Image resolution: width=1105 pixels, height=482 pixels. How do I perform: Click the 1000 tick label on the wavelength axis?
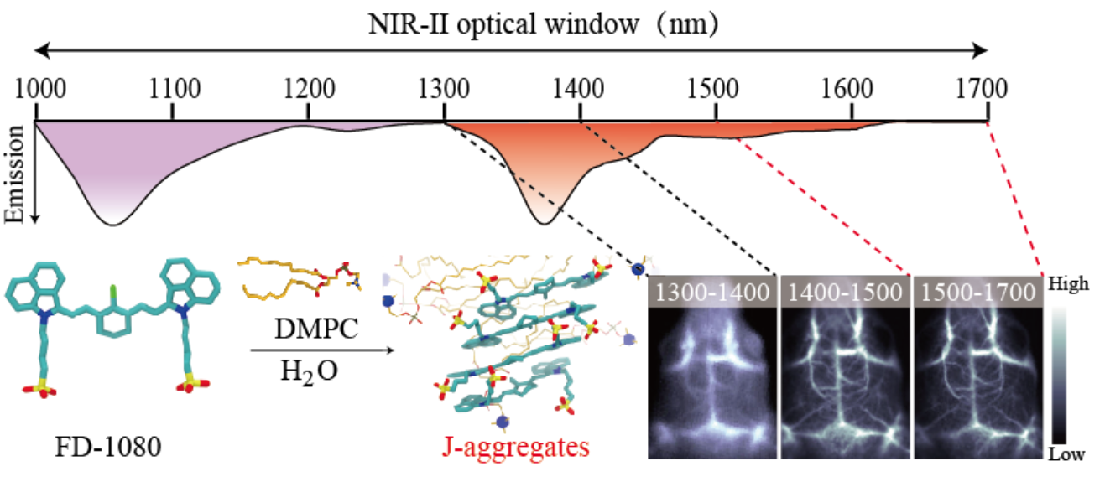coord(34,87)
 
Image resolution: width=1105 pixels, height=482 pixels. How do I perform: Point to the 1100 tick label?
coord(172,87)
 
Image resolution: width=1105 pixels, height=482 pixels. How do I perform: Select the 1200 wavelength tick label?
coord(308,87)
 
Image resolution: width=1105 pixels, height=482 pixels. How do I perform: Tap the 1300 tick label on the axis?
coord(444,87)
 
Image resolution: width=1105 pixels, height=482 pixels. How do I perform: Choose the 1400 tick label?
coord(579,87)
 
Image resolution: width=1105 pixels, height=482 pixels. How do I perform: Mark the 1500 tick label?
coord(715,87)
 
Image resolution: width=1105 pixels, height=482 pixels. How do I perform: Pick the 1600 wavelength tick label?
coord(850,87)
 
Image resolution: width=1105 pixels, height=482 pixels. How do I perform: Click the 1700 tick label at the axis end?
coord(986,87)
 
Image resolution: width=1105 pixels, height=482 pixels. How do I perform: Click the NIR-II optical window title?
coord(544,24)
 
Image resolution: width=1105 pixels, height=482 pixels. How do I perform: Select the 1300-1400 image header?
coord(713,293)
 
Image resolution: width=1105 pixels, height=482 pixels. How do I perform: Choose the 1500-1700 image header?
coord(977,293)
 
